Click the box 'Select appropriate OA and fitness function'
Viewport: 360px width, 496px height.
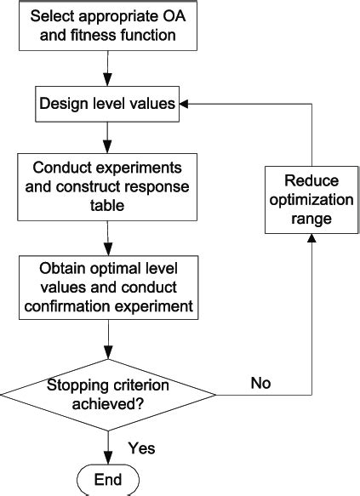[107, 26]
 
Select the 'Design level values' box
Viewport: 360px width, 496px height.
[107, 104]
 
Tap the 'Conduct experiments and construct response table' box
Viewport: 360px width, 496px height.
[107, 186]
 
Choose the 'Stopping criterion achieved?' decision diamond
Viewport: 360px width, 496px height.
[107, 393]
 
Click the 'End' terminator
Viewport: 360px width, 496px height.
[107, 478]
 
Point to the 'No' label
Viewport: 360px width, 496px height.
[260, 384]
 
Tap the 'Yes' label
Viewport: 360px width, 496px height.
[141, 447]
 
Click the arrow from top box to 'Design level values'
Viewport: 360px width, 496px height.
[107, 67]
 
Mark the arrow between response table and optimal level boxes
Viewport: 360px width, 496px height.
[107, 236]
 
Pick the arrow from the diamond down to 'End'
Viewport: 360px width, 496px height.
[107, 444]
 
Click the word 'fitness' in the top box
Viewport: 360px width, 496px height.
[85, 36]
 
